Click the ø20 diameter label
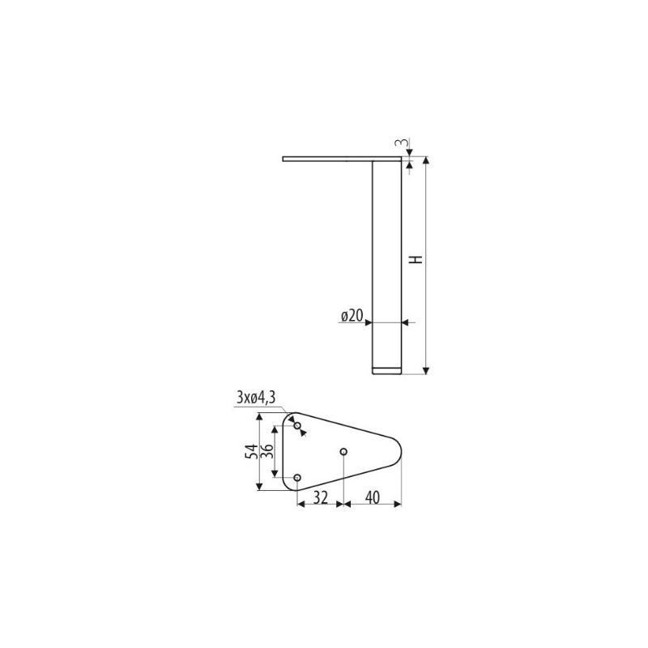tap(352, 316)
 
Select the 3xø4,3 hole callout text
tap(256, 398)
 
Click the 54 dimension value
tap(251, 451)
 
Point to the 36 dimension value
tap(267, 451)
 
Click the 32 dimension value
tap(320, 497)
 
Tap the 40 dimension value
tap(373, 497)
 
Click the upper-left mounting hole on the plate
tap(297, 425)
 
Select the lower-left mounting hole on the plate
tap(297, 478)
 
